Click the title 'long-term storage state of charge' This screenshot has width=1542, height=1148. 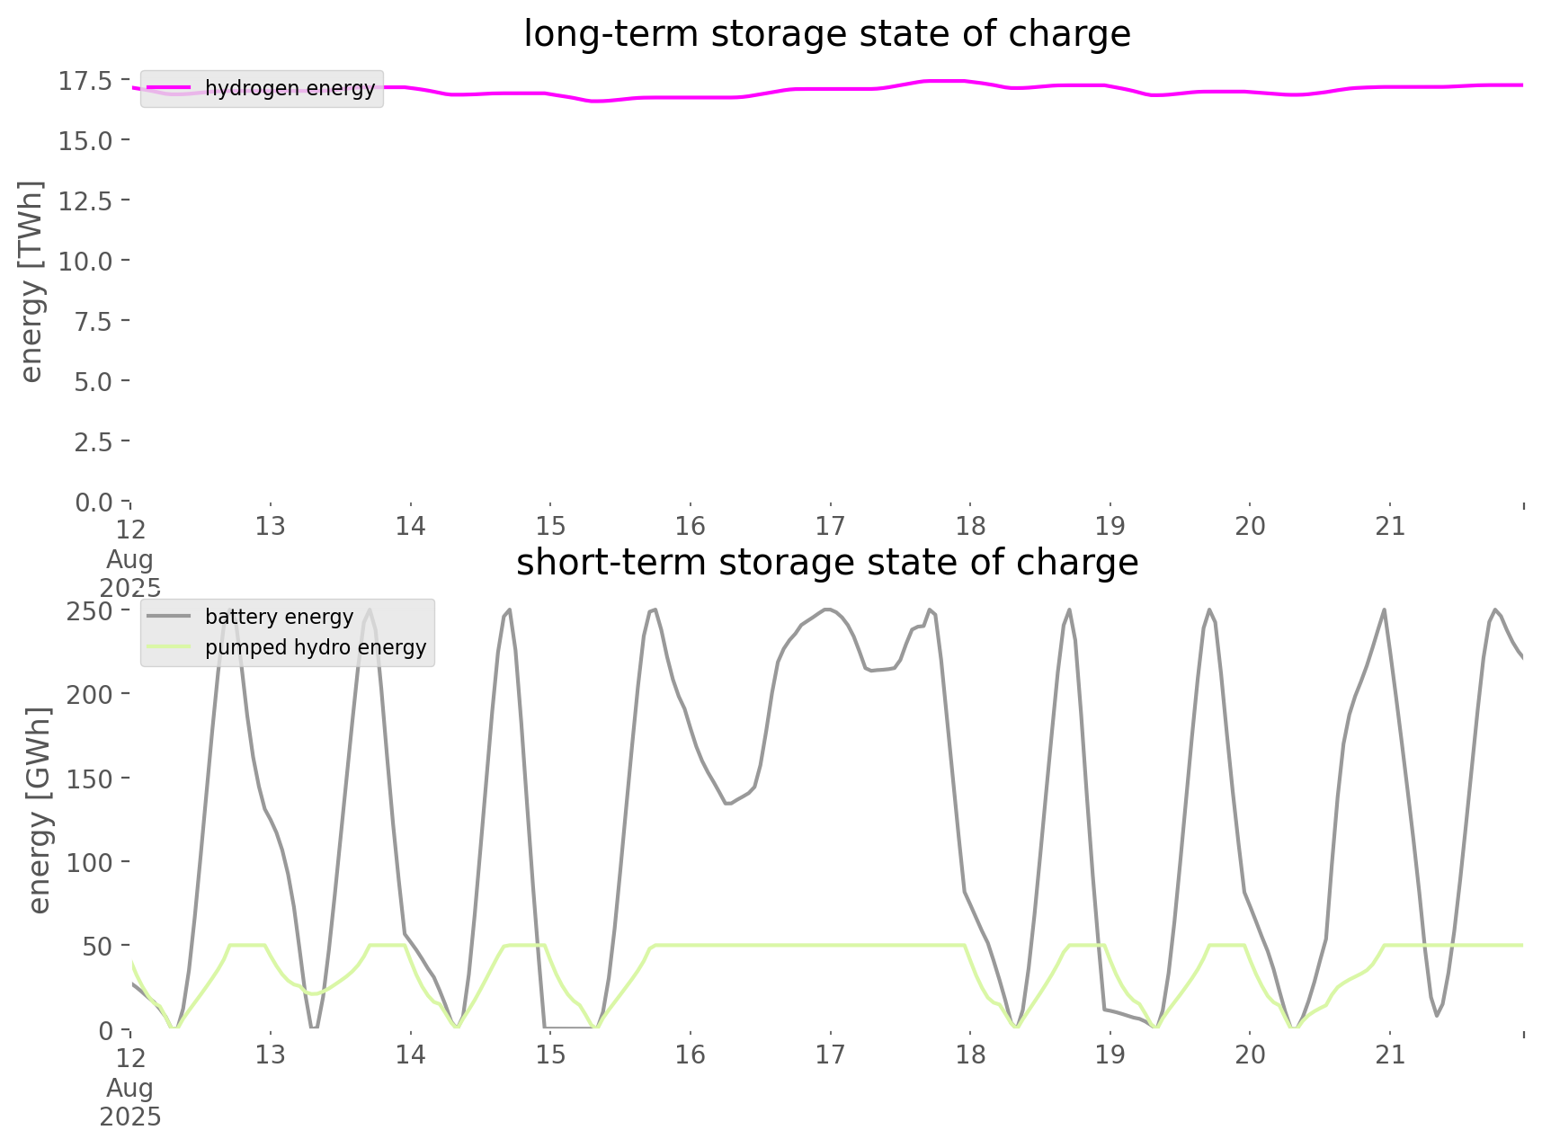click(826, 34)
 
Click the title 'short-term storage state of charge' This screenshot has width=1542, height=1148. click(826, 563)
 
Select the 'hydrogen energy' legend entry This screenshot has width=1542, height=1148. click(290, 88)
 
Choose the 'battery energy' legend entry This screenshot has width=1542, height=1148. click(279, 617)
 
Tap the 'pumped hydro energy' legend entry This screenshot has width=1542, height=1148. click(315, 647)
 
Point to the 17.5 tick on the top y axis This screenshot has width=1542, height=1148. click(85, 81)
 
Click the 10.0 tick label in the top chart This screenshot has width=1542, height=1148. click(85, 262)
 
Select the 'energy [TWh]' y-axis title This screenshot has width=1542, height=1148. click(31, 281)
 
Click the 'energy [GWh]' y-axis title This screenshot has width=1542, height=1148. click(40, 810)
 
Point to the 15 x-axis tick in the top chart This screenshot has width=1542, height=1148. click(550, 526)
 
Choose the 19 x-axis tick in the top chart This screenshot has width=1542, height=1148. click(1110, 526)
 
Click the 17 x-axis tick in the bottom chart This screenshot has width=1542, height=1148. click(830, 1055)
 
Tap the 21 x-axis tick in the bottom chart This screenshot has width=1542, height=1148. click(1390, 1055)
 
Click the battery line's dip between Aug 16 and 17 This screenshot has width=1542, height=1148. click(728, 803)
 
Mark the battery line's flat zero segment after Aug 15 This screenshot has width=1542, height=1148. click(568, 1027)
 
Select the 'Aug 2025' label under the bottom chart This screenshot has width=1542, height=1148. click(130, 1102)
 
